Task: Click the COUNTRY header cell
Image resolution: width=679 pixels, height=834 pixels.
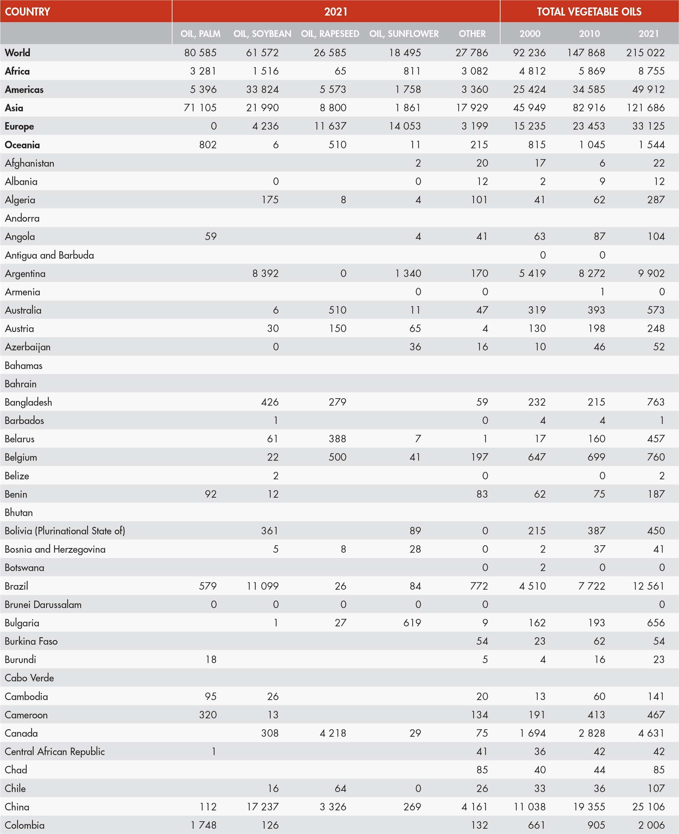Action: pyautogui.click(x=27, y=11)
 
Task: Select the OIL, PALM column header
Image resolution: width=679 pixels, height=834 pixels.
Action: pyautogui.click(x=200, y=34)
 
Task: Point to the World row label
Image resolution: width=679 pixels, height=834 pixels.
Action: pyautogui.click(x=18, y=53)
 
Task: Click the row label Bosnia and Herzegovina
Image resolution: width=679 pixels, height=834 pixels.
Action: pyautogui.click(x=55, y=549)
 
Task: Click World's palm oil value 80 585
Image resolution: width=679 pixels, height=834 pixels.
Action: pyautogui.click(x=200, y=53)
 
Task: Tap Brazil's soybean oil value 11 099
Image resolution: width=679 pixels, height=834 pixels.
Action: pyautogui.click(x=262, y=586)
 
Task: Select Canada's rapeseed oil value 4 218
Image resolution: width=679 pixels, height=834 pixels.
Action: pyautogui.click(x=333, y=733)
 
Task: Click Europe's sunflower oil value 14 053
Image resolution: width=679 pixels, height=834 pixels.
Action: pyautogui.click(x=405, y=126)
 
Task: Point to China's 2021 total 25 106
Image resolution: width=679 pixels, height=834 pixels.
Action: pyautogui.click(x=648, y=806)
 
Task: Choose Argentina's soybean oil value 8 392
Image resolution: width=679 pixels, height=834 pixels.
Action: pyautogui.click(x=265, y=273)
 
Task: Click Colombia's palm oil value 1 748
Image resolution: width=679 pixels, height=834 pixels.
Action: pyautogui.click(x=203, y=825)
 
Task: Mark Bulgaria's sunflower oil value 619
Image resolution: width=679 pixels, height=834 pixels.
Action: pyautogui.click(x=412, y=623)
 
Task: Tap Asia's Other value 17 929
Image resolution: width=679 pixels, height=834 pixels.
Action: pyautogui.click(x=472, y=108)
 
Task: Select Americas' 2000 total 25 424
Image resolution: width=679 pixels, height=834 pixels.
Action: pyautogui.click(x=529, y=89)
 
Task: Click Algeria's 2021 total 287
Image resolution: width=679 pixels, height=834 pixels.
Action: pyautogui.click(x=656, y=200)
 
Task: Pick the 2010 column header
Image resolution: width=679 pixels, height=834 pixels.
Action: pyautogui.click(x=589, y=34)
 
